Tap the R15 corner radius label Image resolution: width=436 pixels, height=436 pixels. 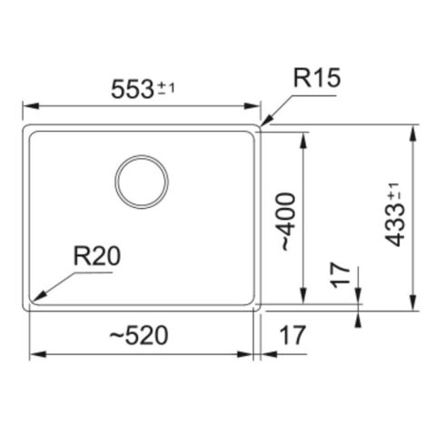316,79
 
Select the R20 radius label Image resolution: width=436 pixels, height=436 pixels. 96,257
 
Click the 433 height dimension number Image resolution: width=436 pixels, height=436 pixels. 393,226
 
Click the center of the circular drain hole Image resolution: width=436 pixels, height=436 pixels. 141,181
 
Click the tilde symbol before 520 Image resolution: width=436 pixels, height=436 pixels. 116,336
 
